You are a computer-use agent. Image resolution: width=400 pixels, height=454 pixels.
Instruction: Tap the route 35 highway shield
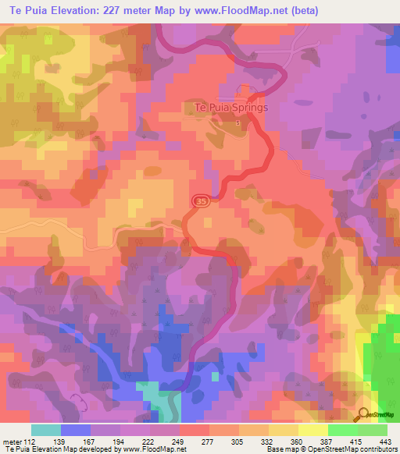201,201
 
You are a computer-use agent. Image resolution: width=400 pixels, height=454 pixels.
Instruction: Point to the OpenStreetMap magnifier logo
363,415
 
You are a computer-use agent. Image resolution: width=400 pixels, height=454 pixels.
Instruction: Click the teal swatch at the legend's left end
46,430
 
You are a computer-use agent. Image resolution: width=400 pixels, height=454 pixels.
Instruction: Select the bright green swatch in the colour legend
343,430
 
